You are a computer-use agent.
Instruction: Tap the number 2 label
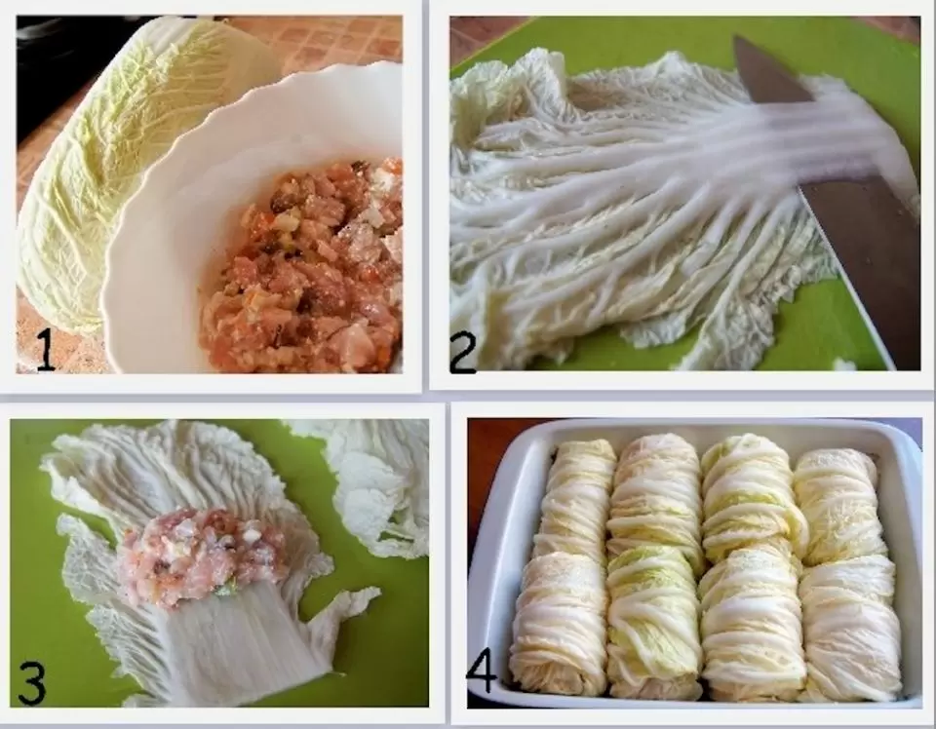coord(462,353)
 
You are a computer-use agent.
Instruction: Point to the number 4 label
coord(481,672)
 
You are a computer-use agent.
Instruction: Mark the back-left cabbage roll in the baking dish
coord(576,498)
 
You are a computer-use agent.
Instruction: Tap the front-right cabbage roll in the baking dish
coord(850,627)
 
